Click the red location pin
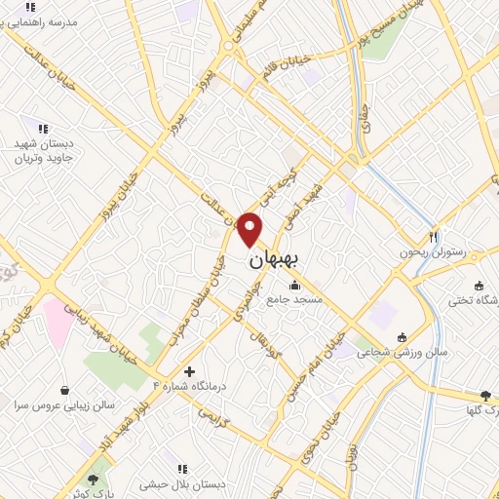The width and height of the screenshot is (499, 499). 250,228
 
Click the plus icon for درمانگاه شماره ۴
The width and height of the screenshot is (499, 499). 189,371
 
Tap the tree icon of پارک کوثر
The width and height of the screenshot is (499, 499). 93,480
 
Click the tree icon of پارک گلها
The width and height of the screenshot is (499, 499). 485,395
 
